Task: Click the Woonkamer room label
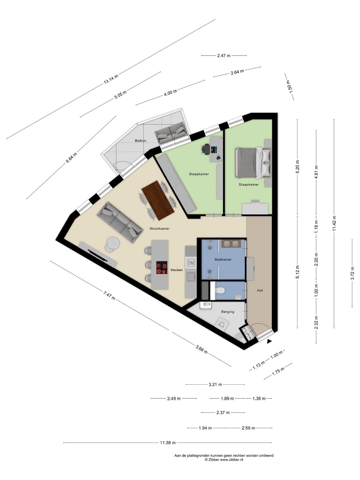point(159,229)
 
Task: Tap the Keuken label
point(176,270)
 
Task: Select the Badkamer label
point(223,260)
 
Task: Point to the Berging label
point(228,312)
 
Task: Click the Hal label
point(260,290)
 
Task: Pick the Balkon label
point(141,141)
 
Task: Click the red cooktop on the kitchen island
point(162,267)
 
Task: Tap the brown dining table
point(158,200)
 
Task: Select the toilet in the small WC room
point(220,290)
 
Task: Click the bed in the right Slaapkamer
point(253,163)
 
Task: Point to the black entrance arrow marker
point(270,341)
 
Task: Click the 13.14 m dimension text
point(111,79)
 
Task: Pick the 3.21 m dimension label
point(215,384)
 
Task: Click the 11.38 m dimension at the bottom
point(168,443)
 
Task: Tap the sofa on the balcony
point(171,133)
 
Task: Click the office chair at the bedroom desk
point(206,149)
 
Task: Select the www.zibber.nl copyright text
point(224,460)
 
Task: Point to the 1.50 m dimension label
point(289,87)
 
